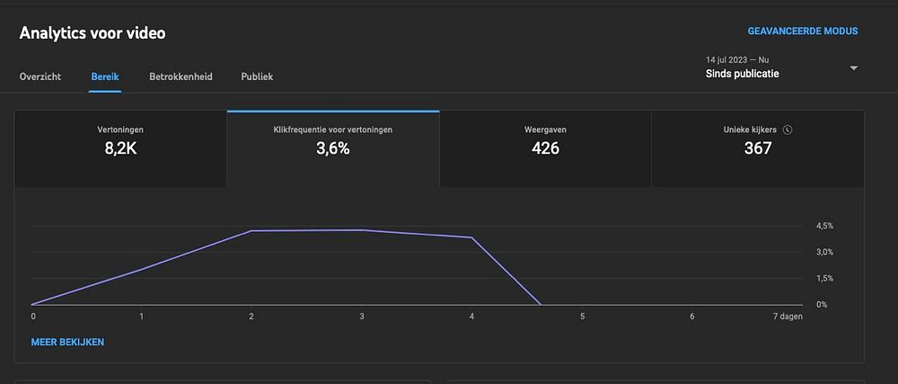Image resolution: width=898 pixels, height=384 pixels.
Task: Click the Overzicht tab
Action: (x=40, y=76)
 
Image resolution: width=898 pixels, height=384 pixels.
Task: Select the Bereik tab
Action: (x=105, y=76)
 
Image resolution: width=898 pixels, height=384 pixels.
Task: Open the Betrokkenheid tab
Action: (x=180, y=76)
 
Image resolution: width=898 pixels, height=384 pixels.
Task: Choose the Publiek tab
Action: (x=257, y=76)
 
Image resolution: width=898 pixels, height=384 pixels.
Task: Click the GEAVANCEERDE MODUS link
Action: (x=802, y=31)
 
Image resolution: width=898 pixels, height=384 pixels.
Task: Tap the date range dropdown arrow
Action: (x=853, y=68)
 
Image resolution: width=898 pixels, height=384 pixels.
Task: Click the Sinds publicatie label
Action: (x=742, y=74)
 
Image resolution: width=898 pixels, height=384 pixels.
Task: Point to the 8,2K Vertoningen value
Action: (x=120, y=148)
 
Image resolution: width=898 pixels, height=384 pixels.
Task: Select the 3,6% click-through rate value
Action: (x=332, y=148)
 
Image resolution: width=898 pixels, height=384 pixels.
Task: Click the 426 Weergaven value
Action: (x=545, y=148)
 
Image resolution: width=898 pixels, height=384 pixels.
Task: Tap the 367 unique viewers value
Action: (x=757, y=148)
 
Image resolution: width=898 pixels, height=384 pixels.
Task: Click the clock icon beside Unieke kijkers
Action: (x=788, y=129)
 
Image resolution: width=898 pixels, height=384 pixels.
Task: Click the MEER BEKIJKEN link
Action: (x=67, y=342)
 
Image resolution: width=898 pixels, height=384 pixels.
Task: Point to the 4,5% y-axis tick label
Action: (x=824, y=226)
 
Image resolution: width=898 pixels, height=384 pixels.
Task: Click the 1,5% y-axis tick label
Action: (x=824, y=279)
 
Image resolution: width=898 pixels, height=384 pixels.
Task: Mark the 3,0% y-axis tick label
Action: (x=824, y=252)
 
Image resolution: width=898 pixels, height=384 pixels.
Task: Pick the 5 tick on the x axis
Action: (x=582, y=317)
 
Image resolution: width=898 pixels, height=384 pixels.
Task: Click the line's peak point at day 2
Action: (x=251, y=231)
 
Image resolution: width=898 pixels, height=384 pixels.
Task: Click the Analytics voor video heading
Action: (x=92, y=33)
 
